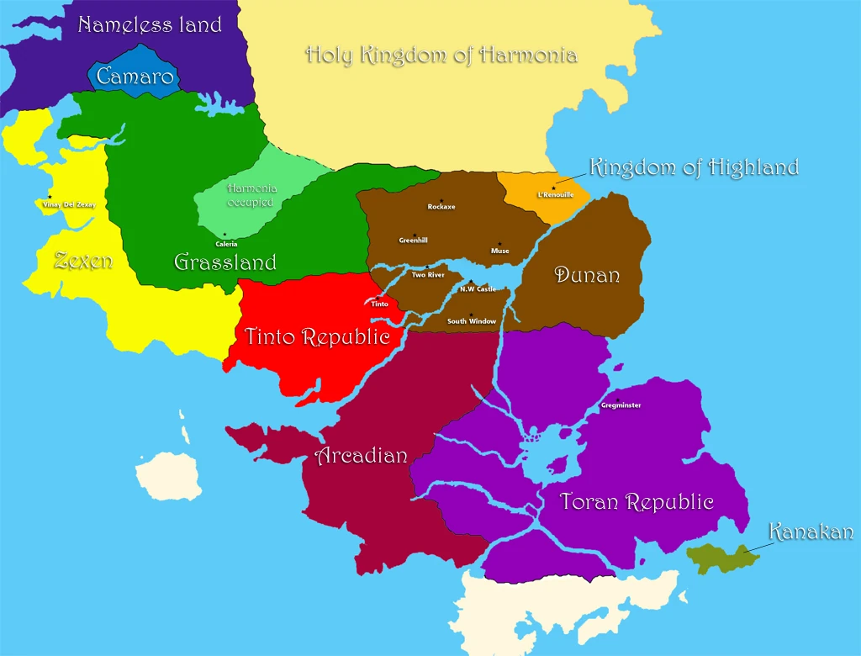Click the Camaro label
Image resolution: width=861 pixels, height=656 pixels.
(x=135, y=77)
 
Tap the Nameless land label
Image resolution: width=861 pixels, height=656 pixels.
(x=150, y=24)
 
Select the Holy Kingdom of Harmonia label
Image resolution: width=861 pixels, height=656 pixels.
(x=441, y=56)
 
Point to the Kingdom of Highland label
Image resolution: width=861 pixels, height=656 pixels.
(x=694, y=167)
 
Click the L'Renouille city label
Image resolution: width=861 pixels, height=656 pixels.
(x=556, y=195)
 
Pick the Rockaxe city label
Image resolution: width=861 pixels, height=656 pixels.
(x=441, y=207)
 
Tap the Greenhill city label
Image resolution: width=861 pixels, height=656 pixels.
(x=413, y=241)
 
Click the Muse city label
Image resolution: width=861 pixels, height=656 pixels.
(x=500, y=251)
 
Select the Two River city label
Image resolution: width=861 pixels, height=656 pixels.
(x=428, y=275)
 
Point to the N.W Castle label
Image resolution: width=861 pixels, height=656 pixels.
(x=478, y=289)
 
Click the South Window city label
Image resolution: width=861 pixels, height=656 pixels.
(x=472, y=321)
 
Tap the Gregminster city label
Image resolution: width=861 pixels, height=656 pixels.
(x=621, y=405)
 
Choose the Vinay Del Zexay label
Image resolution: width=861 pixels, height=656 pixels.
(x=70, y=204)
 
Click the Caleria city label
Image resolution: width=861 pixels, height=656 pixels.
(x=226, y=244)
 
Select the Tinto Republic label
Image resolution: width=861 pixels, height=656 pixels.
(x=317, y=337)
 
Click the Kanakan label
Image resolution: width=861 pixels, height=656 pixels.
(x=811, y=532)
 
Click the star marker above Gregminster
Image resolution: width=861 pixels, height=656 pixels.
(x=618, y=399)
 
